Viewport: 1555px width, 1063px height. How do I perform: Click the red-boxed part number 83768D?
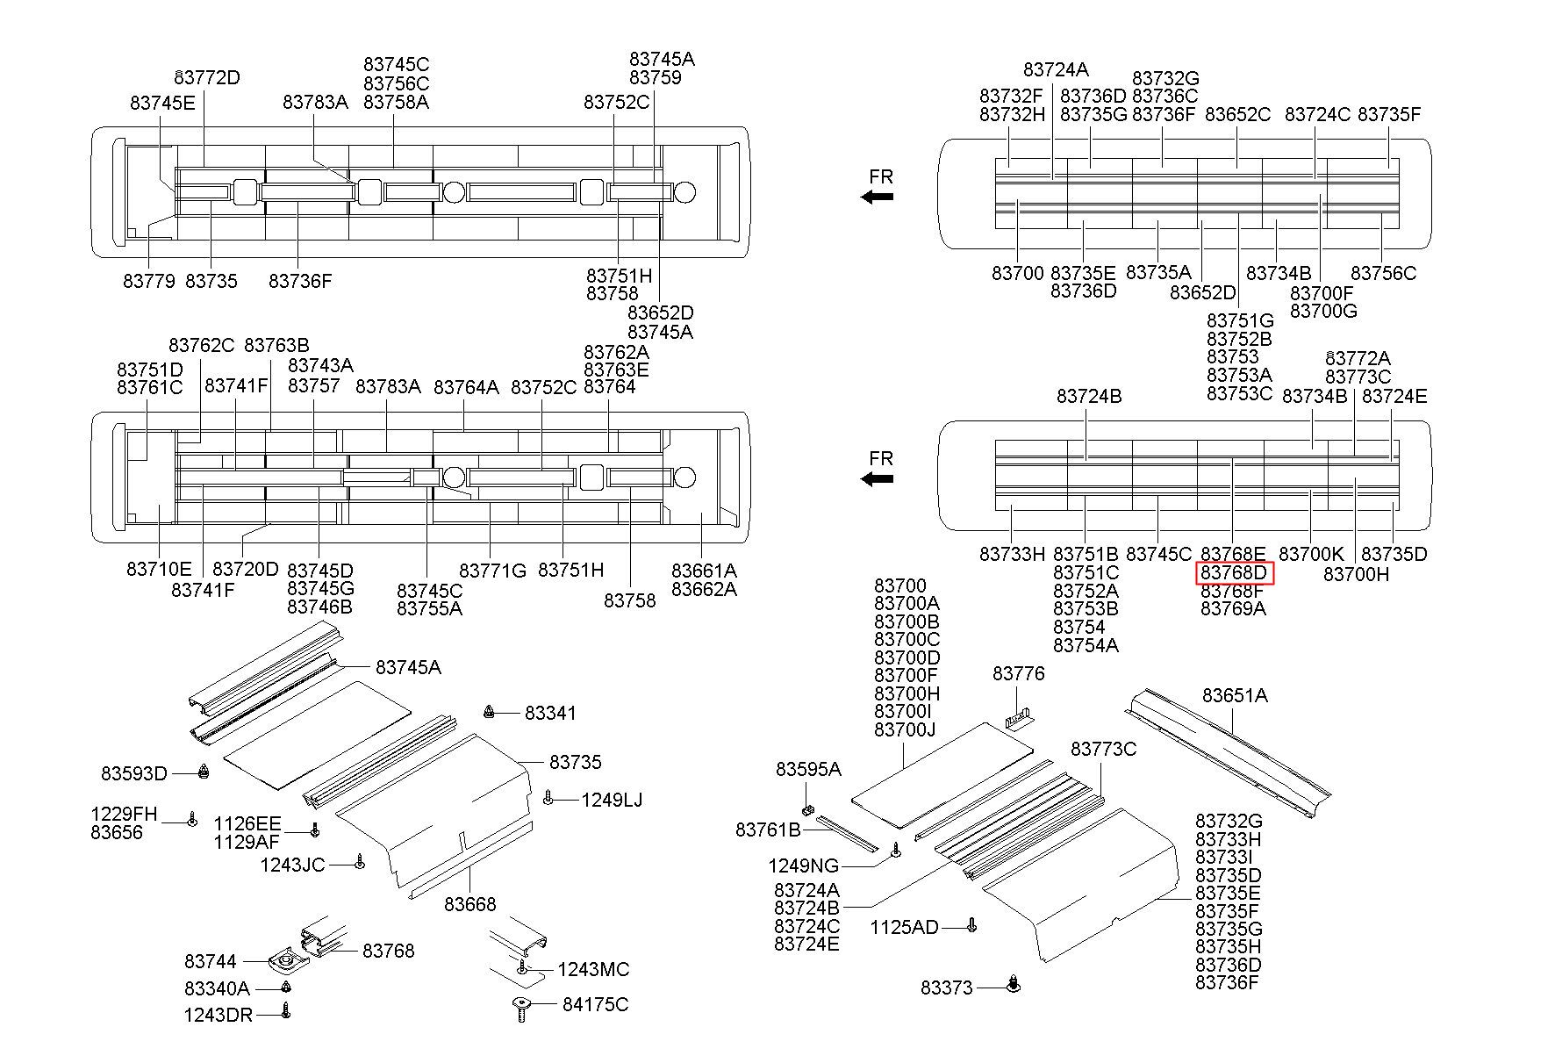(x=1234, y=572)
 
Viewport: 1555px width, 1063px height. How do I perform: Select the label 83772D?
(x=208, y=77)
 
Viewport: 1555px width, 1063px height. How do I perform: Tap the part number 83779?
(x=149, y=281)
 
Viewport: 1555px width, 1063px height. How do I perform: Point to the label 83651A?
(x=1235, y=695)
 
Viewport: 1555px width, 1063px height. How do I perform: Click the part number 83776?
(x=1019, y=673)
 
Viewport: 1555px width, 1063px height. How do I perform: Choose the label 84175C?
(x=596, y=1004)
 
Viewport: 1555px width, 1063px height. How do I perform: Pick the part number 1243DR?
(x=218, y=1016)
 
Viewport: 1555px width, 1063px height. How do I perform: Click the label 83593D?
(x=134, y=773)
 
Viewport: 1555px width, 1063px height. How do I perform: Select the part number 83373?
(x=947, y=988)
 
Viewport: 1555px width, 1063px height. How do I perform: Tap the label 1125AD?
(x=905, y=927)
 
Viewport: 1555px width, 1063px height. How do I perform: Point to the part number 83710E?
(x=159, y=569)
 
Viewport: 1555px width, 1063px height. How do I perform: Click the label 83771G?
(x=493, y=571)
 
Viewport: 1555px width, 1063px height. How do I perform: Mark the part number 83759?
(x=656, y=77)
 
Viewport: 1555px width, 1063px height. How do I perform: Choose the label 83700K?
(x=1311, y=554)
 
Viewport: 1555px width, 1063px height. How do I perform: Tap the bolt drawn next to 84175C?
(x=521, y=1009)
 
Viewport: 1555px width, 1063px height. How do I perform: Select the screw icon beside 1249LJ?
(x=548, y=797)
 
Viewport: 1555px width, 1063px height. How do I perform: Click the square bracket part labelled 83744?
(x=288, y=962)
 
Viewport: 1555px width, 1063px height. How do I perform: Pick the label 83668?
(x=470, y=903)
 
